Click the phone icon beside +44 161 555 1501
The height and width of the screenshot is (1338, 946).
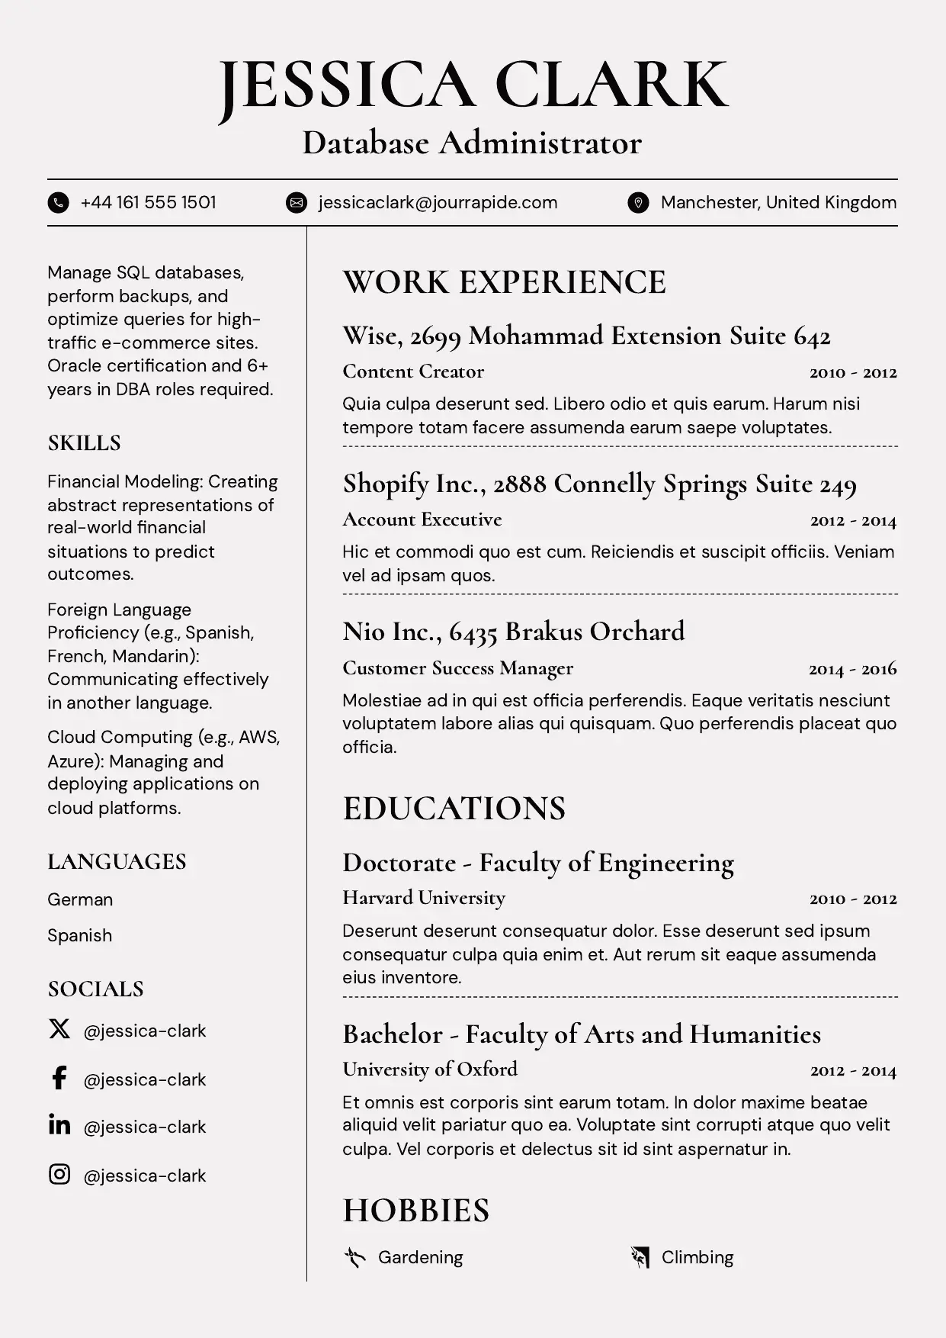pos(59,203)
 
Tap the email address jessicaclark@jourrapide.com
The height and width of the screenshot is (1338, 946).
pos(438,203)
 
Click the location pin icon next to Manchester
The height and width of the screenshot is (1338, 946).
pos(638,203)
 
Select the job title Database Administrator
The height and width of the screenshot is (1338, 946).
pos(472,143)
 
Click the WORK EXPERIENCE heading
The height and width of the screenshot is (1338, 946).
pos(504,282)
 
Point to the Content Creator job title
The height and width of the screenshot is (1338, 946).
pos(413,371)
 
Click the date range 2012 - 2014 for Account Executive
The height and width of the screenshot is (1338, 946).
pos(853,521)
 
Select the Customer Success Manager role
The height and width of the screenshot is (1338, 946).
pos(457,668)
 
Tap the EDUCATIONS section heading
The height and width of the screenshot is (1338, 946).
pos(454,809)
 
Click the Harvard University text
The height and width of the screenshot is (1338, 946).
pos(424,898)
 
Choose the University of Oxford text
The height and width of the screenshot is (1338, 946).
pos(430,1069)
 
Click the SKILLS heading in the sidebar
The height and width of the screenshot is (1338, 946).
pos(84,443)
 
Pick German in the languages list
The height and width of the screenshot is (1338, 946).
pos(80,899)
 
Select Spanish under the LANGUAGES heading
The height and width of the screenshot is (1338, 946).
pos(79,935)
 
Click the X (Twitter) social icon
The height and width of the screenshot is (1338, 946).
pos(59,1029)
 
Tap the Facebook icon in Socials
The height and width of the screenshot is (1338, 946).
pos(59,1078)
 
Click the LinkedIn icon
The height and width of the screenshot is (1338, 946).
pos(59,1125)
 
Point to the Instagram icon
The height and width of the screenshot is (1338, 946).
pos(59,1174)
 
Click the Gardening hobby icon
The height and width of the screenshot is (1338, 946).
pos(354,1257)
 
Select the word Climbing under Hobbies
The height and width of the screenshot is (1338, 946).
pos(697,1257)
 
